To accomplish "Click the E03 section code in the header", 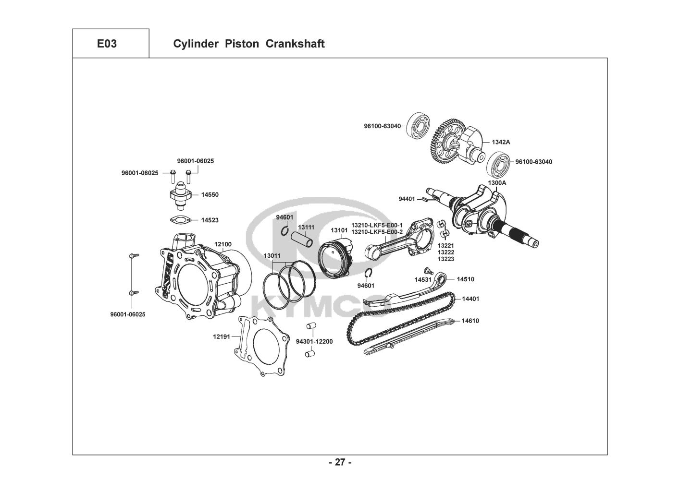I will click(107, 44).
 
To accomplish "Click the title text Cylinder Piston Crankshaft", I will click(248, 44).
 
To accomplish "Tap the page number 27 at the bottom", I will click(340, 463).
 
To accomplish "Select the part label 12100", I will click(223, 244).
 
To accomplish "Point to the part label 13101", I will click(338, 230).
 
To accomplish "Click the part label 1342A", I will click(501, 142).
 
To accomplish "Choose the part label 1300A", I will click(497, 183).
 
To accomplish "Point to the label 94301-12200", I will click(314, 342).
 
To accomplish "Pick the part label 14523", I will click(210, 220).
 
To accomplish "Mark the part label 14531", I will click(423, 279).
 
